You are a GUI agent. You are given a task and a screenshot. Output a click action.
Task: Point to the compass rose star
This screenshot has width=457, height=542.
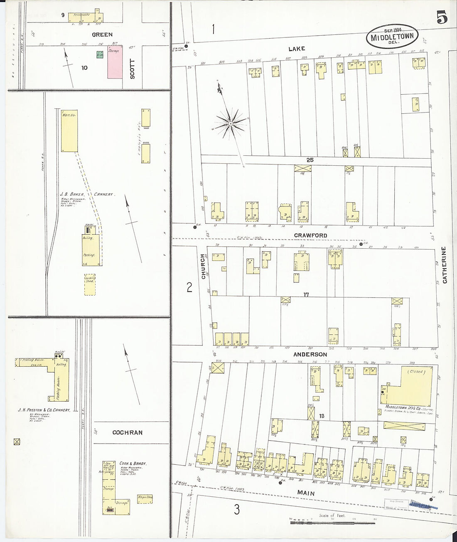(x=230, y=123)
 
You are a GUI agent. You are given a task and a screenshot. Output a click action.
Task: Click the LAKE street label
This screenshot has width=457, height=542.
(x=297, y=49)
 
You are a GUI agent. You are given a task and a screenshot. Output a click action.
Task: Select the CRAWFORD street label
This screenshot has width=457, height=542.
(x=310, y=235)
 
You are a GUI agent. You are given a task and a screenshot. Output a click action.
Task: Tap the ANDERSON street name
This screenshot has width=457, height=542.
(x=310, y=355)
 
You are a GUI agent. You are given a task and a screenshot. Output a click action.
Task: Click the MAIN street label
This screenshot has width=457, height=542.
(x=306, y=493)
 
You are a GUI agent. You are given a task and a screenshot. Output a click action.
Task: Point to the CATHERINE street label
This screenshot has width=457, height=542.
(x=444, y=265)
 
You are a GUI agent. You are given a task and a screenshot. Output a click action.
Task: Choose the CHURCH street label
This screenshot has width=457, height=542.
(x=204, y=266)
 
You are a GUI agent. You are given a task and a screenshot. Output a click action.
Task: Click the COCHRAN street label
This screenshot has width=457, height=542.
(x=127, y=432)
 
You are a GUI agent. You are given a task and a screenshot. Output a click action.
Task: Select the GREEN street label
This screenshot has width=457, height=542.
(x=102, y=35)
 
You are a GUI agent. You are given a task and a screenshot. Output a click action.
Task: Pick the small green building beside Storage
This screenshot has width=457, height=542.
(x=100, y=55)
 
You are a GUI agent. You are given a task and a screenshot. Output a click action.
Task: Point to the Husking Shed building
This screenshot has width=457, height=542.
(x=90, y=284)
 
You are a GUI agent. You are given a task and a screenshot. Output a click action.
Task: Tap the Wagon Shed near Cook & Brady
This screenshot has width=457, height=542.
(x=145, y=498)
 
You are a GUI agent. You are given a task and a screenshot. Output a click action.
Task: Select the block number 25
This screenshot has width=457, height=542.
(x=310, y=160)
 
